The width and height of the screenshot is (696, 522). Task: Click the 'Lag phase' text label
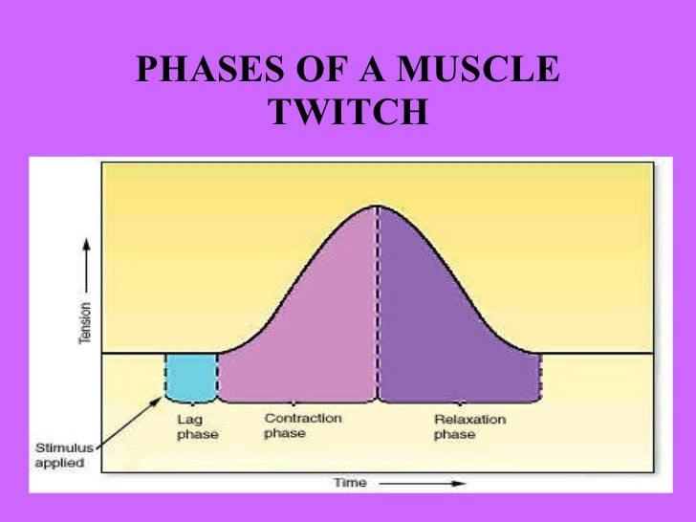coord(198,427)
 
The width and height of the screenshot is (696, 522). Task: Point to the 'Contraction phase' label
coord(302,426)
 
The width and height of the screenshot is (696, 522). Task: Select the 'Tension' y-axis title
coord(86,325)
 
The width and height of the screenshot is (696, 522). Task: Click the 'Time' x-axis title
coord(349,482)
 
